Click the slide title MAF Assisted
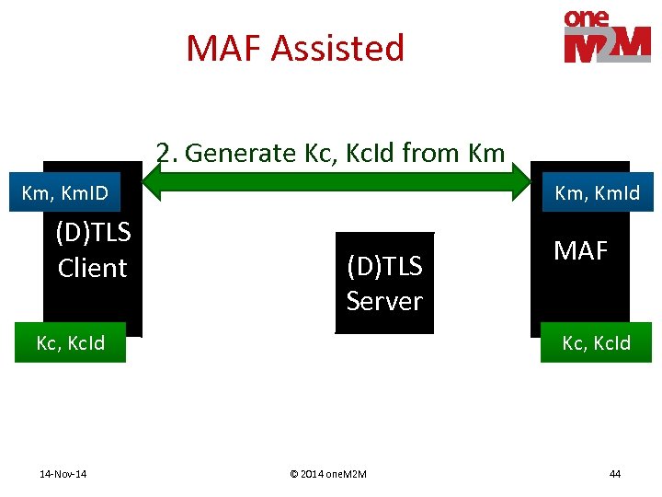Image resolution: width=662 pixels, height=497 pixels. (295, 48)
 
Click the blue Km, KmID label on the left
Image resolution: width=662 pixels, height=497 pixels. (64, 193)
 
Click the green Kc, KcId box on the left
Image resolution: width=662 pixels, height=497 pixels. (70, 343)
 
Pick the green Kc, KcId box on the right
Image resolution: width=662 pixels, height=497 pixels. (596, 343)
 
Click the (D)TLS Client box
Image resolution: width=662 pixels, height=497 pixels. (92, 250)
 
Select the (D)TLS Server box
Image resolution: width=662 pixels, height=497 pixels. (384, 283)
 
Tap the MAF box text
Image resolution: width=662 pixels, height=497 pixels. (581, 250)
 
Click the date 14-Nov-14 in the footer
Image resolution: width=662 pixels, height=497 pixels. (63, 474)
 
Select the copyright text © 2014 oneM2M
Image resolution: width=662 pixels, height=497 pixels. (328, 474)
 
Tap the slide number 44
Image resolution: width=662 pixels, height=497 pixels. (615, 474)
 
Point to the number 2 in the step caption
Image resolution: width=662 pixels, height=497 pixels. (163, 153)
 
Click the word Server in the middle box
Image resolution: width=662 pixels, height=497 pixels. (384, 301)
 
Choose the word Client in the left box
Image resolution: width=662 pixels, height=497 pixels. (92, 268)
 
